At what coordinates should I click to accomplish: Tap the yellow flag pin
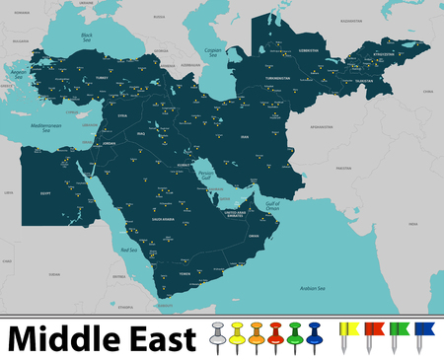pos(347,333)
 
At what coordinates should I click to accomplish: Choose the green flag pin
pos(396,333)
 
